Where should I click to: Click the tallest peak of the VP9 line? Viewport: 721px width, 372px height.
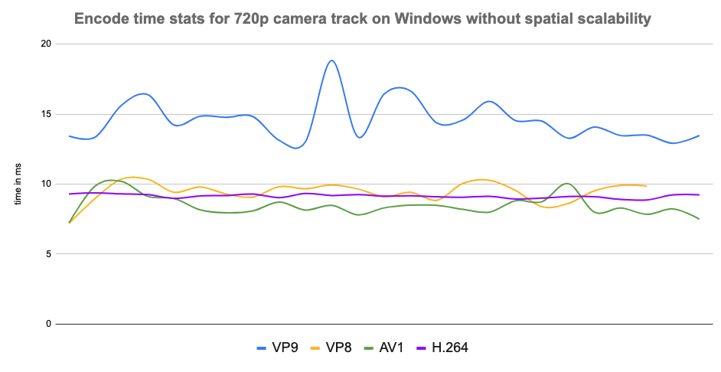click(x=331, y=60)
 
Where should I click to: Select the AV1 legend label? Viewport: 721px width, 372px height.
click(x=387, y=348)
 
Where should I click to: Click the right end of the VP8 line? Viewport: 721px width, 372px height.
click(x=647, y=185)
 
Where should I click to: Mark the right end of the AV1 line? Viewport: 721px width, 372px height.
click(x=699, y=219)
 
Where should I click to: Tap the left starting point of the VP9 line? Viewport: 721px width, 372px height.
click(x=70, y=136)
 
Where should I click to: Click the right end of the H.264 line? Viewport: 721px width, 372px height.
click(x=699, y=194)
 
